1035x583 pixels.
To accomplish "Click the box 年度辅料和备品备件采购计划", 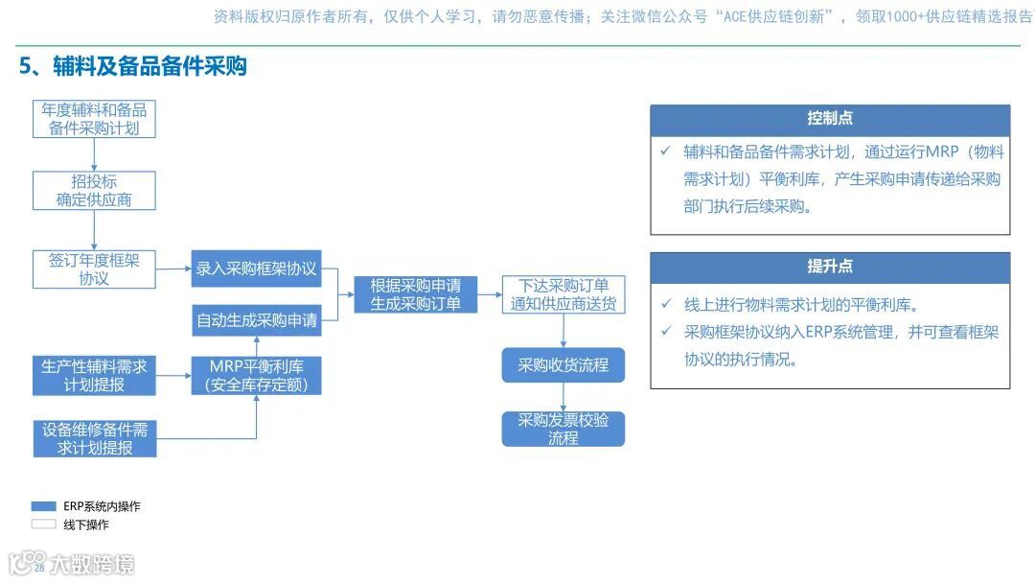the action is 94,119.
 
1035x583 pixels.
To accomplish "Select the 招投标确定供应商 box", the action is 94,191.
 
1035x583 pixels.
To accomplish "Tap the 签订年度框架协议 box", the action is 94,268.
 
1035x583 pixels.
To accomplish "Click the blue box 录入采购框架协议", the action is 256,268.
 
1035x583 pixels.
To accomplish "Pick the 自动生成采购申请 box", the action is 256,320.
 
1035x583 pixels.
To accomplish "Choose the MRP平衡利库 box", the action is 256,375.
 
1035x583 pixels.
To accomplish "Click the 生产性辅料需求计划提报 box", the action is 94,375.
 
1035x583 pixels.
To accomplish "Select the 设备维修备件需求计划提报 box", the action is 94,438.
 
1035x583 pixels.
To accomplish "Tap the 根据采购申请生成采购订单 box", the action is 415,294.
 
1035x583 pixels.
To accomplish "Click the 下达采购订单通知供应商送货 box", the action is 563,294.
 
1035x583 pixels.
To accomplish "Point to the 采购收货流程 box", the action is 563,365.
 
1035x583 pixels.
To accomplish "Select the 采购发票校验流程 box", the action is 563,429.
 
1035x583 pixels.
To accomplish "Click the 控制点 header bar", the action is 830,119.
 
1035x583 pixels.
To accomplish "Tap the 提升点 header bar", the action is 830,267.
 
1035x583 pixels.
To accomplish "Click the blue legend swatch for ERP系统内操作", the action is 44,506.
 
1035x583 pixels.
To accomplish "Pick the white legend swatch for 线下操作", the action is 44,525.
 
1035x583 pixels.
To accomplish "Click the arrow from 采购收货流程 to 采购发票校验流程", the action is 563,397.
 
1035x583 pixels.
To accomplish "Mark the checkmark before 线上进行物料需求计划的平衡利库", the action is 666,305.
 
